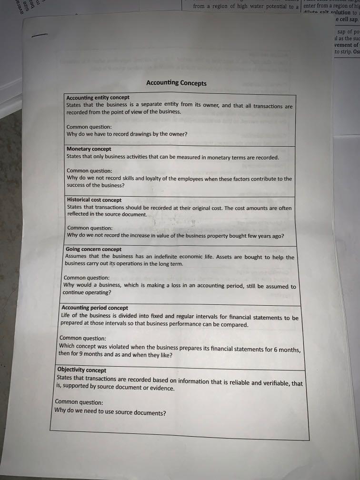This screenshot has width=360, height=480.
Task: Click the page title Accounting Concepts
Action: click(x=176, y=83)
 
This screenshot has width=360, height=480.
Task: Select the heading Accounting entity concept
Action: click(x=98, y=98)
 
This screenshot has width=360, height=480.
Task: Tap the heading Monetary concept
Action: click(x=89, y=149)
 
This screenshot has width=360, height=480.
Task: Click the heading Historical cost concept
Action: click(x=94, y=200)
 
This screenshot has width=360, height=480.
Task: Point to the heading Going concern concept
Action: click(x=93, y=249)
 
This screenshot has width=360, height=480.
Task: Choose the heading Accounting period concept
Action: click(x=95, y=308)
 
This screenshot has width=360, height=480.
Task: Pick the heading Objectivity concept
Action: click(x=81, y=370)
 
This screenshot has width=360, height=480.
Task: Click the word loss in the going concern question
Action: click(x=166, y=286)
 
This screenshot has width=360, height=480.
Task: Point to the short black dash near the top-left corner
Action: click(x=39, y=35)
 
